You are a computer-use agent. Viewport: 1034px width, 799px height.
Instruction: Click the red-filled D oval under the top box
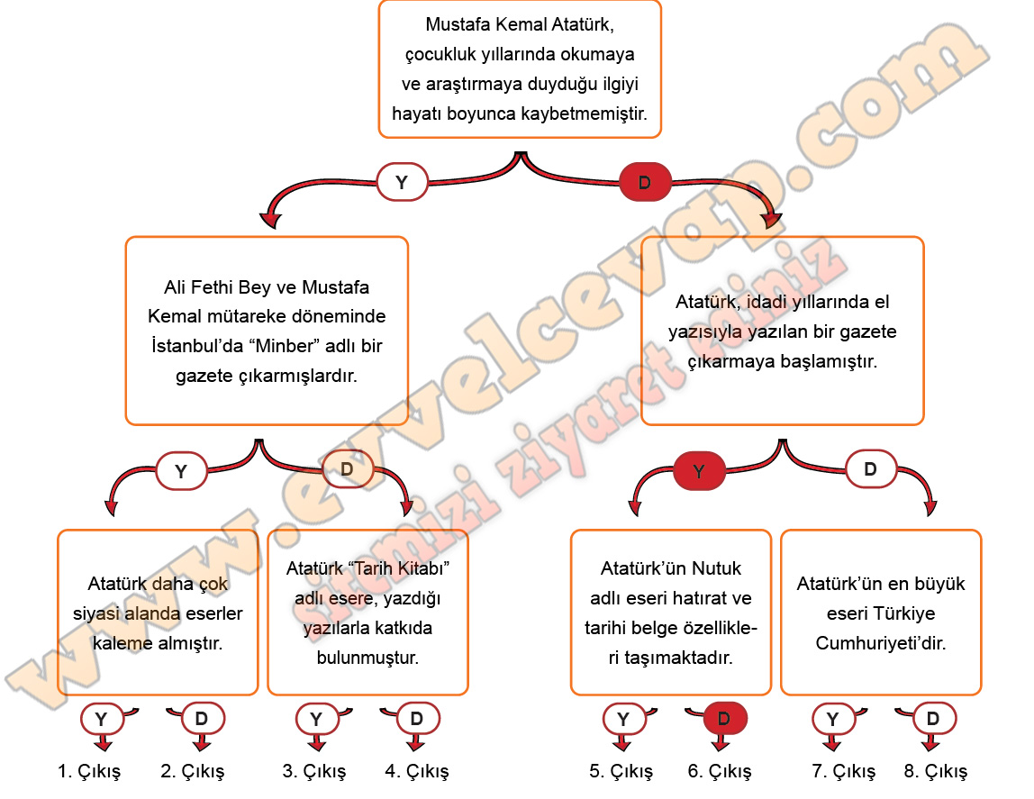click(645, 183)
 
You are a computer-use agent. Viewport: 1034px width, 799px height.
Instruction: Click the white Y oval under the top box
click(402, 182)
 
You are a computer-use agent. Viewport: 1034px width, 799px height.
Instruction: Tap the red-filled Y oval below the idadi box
click(699, 470)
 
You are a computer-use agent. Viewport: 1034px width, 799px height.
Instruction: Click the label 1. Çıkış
click(88, 772)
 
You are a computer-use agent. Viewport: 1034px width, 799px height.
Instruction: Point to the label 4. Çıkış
click(416, 772)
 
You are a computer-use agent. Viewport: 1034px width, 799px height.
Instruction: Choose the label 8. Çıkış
click(936, 772)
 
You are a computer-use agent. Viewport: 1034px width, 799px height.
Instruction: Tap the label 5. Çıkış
click(621, 772)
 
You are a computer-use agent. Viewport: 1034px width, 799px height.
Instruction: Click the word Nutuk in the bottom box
click(717, 569)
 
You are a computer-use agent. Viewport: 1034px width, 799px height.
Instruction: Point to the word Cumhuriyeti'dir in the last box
click(881, 644)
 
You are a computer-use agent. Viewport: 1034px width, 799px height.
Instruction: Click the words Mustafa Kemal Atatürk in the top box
click(519, 25)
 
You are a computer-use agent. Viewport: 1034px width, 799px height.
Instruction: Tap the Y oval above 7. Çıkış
click(834, 719)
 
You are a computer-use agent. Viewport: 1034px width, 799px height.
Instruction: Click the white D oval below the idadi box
click(871, 469)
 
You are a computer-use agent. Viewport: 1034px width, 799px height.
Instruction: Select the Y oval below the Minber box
click(181, 470)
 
